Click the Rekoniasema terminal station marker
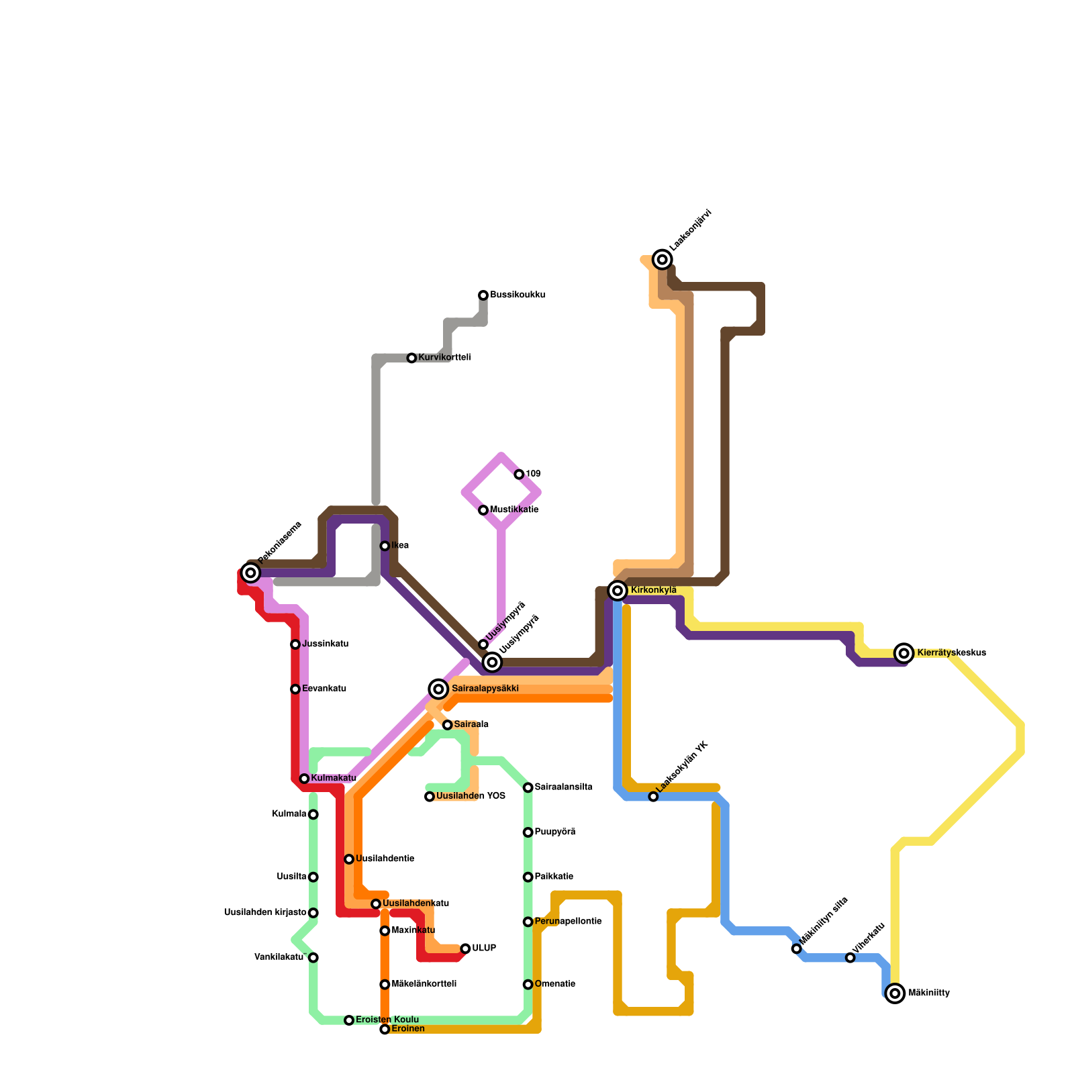click(x=251, y=573)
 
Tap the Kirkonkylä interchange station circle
click(x=618, y=591)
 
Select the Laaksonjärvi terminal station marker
click(x=663, y=260)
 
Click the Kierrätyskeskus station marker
click(x=904, y=653)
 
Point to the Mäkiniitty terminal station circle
click(x=895, y=993)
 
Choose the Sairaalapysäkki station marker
click(x=438, y=689)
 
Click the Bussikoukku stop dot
click(x=483, y=295)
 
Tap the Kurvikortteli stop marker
click(x=411, y=358)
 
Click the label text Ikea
click(x=400, y=546)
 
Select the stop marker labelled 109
click(x=519, y=475)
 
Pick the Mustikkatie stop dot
click(x=483, y=510)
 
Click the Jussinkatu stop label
click(x=325, y=644)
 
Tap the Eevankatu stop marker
click(x=295, y=689)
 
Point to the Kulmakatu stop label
click(x=334, y=779)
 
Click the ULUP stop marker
click(x=465, y=948)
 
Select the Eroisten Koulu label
click(x=387, y=1020)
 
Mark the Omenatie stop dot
click(x=528, y=985)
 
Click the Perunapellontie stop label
click(x=568, y=922)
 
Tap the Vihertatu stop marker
click(x=850, y=958)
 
